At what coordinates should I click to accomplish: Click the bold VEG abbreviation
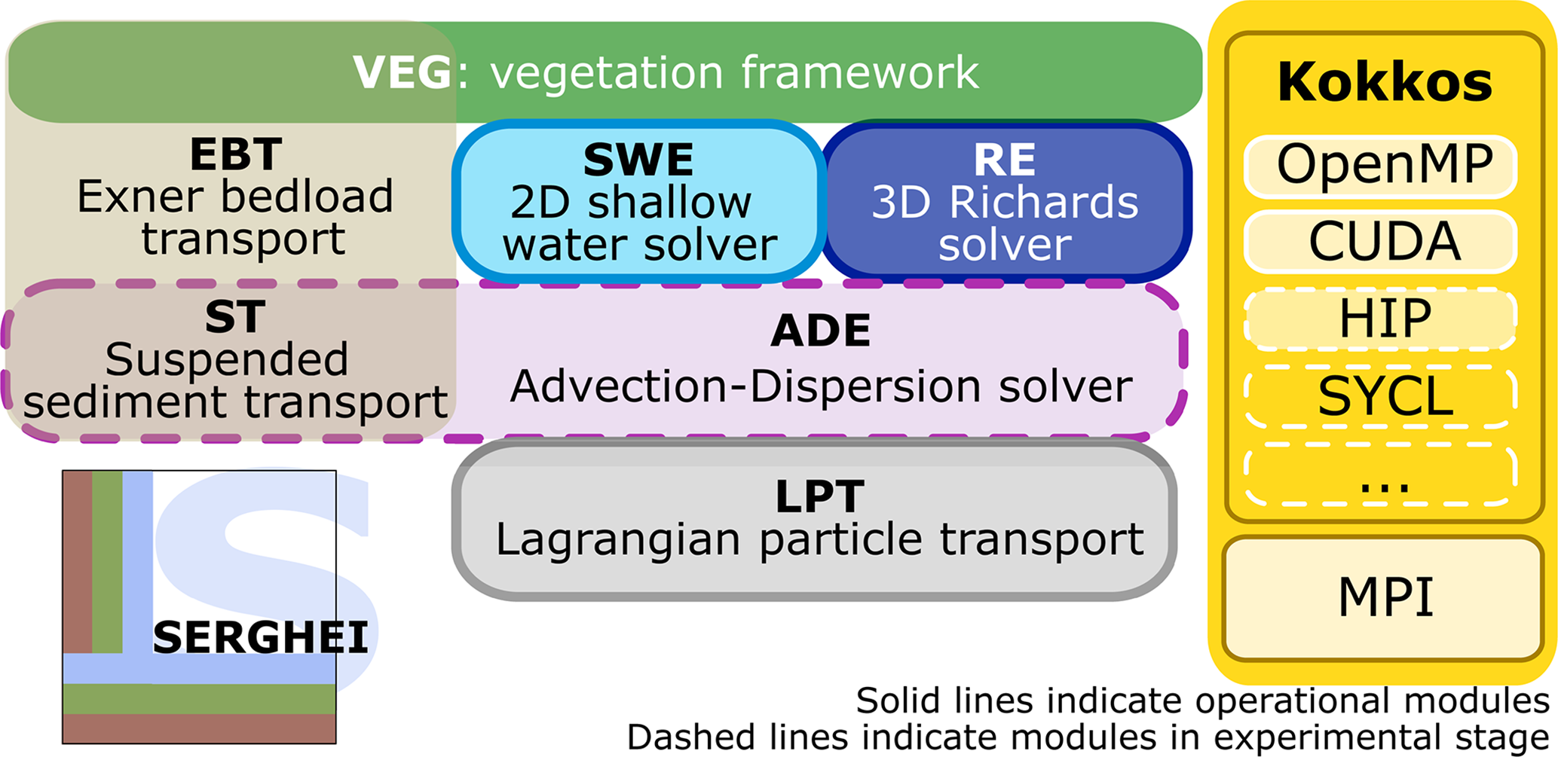pyautogui.click(x=403, y=73)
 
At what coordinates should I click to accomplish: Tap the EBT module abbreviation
pyautogui.click(x=236, y=154)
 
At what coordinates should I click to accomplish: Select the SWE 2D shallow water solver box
pyautogui.click(x=638, y=202)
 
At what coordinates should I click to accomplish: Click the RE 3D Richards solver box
pyautogui.click(x=1006, y=202)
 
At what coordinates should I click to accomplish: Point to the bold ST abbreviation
pyautogui.click(x=235, y=317)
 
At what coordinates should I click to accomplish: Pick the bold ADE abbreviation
pyautogui.click(x=820, y=331)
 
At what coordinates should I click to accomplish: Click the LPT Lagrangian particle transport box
pyautogui.click(x=816, y=520)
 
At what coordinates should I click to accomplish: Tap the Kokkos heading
pyautogui.click(x=1385, y=82)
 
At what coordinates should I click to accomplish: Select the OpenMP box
pyautogui.click(x=1381, y=166)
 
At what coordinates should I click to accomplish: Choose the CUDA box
pyautogui.click(x=1381, y=242)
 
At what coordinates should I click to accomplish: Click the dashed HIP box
pyautogui.click(x=1381, y=319)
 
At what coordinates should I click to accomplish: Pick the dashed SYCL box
pyautogui.click(x=1381, y=396)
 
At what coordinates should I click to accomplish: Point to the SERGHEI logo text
pyautogui.click(x=260, y=638)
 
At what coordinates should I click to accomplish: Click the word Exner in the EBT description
pyautogui.click(x=140, y=197)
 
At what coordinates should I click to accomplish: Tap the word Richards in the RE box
pyautogui.click(x=1043, y=203)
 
